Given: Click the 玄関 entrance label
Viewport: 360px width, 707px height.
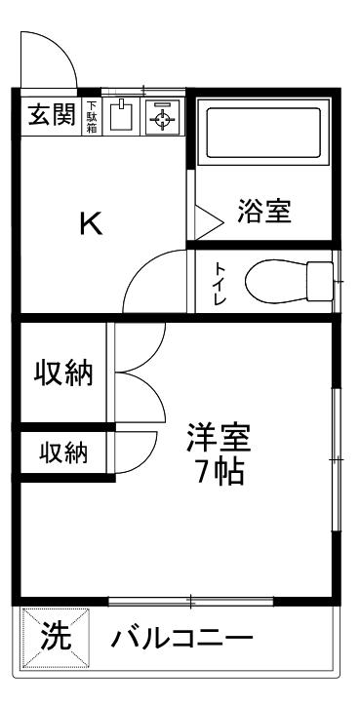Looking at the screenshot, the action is coord(52,115).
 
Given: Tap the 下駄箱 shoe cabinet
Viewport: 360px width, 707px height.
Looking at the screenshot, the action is coord(92,117).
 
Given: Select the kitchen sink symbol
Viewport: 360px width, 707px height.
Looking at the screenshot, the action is coord(121,116).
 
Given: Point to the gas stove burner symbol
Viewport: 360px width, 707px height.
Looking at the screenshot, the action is coord(162,117).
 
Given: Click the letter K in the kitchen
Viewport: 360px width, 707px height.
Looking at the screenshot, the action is coord(91,223).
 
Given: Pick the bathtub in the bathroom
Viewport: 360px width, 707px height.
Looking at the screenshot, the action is coord(264,133).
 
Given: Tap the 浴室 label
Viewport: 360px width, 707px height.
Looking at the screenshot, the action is coord(264,211).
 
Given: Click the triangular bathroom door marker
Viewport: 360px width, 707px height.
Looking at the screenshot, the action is coord(209,221).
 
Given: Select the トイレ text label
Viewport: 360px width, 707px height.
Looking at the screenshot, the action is coord(220,283).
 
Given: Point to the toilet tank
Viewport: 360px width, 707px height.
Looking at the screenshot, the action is coord(320,282).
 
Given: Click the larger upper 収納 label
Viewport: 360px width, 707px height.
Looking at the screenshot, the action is coord(64,373).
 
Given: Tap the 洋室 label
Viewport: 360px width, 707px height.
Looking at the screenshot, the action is coord(219,438).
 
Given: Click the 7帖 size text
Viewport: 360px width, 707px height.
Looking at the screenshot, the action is coord(220,472).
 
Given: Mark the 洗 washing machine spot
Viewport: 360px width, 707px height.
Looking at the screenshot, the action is coord(56,637).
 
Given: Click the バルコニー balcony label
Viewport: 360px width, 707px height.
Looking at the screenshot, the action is coord(182,639).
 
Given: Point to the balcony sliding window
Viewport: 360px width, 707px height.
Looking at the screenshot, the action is coord(191,601).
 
